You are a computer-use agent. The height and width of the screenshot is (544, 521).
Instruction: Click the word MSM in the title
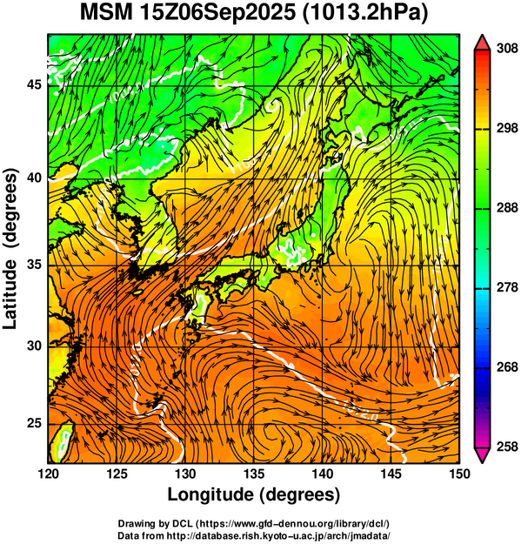point(106,13)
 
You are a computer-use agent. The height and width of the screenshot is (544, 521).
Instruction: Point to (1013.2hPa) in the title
point(365,14)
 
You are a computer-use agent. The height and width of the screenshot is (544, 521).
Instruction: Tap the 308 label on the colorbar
point(507,49)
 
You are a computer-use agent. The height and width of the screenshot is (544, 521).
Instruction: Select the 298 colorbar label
point(507,128)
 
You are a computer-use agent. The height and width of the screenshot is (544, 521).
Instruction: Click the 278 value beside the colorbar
point(507,287)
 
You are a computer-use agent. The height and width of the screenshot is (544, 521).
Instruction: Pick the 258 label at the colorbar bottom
point(507,447)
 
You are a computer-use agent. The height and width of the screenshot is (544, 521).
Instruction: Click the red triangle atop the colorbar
point(482,43)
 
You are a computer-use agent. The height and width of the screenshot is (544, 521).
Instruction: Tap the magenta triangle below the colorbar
point(482,455)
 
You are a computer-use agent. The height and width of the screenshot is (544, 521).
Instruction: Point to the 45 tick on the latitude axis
point(34,84)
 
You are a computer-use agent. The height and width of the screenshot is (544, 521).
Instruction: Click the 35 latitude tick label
point(34,265)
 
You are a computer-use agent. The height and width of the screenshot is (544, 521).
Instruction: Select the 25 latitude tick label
point(34,424)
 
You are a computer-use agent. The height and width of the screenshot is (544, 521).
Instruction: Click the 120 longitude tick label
point(48,473)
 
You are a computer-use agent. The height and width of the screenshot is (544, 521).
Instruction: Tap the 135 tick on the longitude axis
point(254,473)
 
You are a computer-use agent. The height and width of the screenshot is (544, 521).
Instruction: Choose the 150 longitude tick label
point(459,473)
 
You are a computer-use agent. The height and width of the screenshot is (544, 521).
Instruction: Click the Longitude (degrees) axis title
point(254,494)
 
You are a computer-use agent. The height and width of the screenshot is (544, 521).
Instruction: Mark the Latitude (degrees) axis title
point(10,249)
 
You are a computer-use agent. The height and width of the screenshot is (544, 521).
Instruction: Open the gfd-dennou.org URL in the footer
point(291,523)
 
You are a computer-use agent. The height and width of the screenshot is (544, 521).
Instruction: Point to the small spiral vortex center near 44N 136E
point(273,105)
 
